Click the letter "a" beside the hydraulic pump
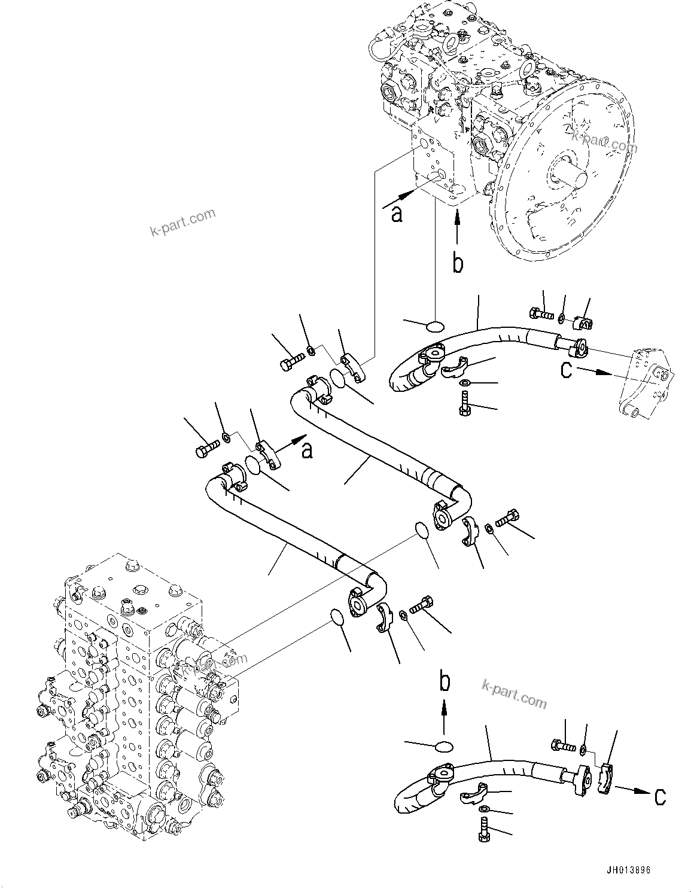[396, 214]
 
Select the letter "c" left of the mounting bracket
[567, 370]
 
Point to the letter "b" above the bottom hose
[444, 681]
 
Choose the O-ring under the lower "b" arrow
[443, 745]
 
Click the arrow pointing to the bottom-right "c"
[634, 791]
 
